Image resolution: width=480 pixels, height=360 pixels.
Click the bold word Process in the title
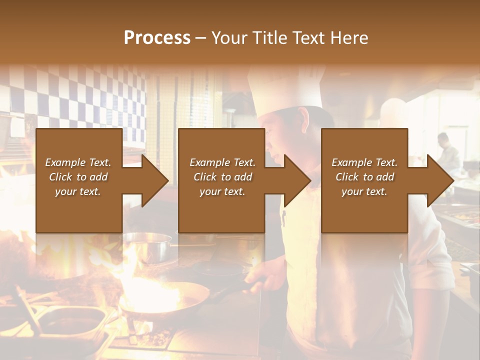point(157,38)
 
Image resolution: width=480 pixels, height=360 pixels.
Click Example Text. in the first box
point(78,162)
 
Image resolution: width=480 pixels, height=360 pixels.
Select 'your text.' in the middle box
point(222,191)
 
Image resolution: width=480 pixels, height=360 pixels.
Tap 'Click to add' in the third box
point(364,177)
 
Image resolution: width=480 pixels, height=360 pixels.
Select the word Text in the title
point(312,38)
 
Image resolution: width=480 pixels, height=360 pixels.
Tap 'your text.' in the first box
point(78,191)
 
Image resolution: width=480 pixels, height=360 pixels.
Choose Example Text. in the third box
point(364,162)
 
